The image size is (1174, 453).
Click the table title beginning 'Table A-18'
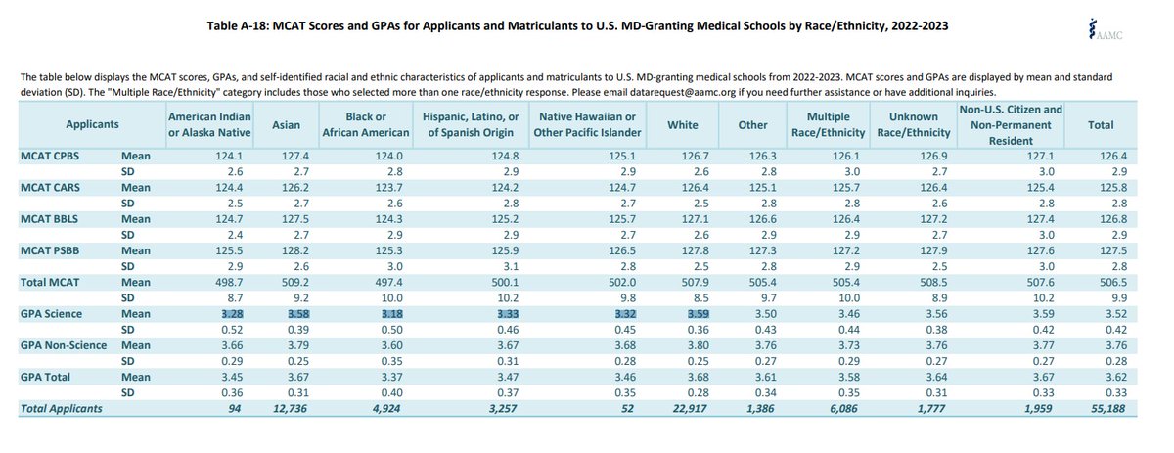[577, 25]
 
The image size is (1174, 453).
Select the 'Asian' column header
[286, 125]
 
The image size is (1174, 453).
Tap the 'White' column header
[683, 125]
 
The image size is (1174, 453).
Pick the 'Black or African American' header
[366, 125]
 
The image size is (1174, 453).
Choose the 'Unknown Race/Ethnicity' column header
[914, 125]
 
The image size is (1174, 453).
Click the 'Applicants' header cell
[92, 125]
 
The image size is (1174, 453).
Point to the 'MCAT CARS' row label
[50, 187]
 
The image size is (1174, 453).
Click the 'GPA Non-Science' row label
[64, 345]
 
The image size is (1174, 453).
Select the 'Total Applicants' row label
[62, 408]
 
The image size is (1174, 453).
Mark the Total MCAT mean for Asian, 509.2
[295, 282]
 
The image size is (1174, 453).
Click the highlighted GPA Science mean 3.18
[389, 314]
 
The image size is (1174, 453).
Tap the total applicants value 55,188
[1107, 408]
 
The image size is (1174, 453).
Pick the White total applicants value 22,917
[690, 408]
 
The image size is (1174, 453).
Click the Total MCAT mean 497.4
[389, 282]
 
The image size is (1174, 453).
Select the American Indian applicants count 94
[235, 408]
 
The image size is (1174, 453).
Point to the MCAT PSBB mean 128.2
[295, 250]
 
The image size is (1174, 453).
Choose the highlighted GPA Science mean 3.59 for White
[699, 314]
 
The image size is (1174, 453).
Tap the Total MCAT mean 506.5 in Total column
[1113, 282]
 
